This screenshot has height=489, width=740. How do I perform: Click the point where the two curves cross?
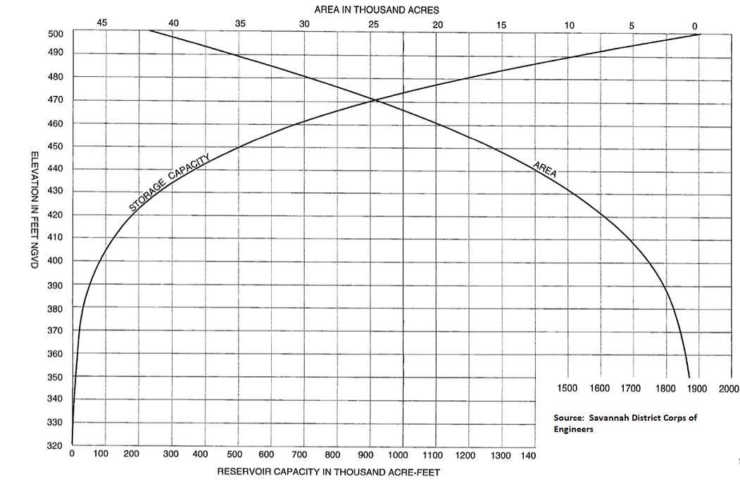pos(375,101)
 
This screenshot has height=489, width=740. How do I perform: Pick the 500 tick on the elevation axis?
pos(56,34)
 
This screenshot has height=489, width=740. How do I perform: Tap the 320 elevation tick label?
pos(56,445)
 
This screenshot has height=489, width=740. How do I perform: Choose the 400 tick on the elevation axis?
pos(56,261)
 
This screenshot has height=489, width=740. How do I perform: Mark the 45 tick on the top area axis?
pos(102,23)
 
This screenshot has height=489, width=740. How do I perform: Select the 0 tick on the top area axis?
pos(695,26)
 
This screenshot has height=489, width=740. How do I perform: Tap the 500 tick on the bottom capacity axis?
pos(234,455)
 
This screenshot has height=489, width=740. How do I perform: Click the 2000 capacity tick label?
pos(729,388)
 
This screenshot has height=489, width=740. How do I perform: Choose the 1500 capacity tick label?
pos(567,388)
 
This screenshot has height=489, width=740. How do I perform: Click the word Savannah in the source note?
pos(609,418)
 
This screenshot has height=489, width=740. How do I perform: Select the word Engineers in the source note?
pos(574,428)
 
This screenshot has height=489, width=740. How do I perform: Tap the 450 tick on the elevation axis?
pos(56,146)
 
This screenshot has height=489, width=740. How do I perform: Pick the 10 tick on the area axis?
pos(569,25)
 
